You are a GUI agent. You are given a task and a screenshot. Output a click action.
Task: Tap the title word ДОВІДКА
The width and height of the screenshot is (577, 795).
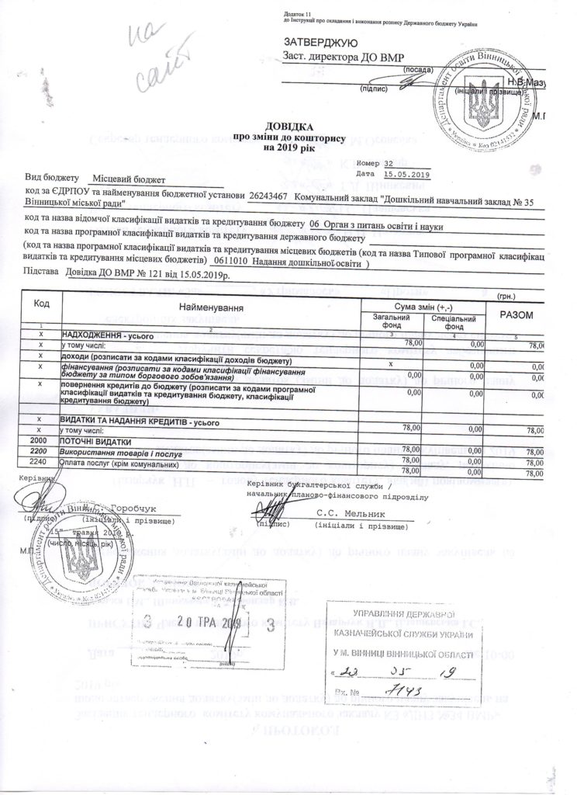tap(289, 125)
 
